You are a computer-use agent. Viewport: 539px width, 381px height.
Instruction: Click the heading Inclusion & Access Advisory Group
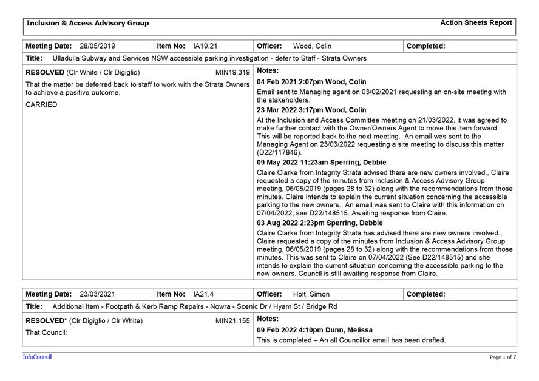coord(87,24)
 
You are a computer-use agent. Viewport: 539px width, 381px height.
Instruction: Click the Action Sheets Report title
coord(476,23)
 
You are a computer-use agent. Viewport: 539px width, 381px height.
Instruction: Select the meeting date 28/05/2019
coord(97,46)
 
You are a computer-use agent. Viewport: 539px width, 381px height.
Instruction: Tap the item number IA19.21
coord(205,46)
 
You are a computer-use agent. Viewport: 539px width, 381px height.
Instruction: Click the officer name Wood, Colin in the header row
coord(312,46)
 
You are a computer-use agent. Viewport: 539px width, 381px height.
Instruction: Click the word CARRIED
coord(41,104)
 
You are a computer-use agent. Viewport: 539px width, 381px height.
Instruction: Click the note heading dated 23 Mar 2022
coord(311,110)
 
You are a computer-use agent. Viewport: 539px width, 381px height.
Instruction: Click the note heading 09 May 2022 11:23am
coord(321,163)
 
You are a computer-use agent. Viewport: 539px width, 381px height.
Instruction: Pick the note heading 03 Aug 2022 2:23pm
coord(320,223)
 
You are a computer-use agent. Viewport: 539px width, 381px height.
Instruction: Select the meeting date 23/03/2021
coord(97,294)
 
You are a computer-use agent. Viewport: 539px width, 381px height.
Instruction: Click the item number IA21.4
coord(203,294)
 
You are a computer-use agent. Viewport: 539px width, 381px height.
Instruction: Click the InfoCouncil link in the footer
coord(37,357)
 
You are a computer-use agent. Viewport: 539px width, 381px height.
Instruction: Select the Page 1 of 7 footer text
coord(503,357)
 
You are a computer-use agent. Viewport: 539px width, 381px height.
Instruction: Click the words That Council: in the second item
coord(46,332)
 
